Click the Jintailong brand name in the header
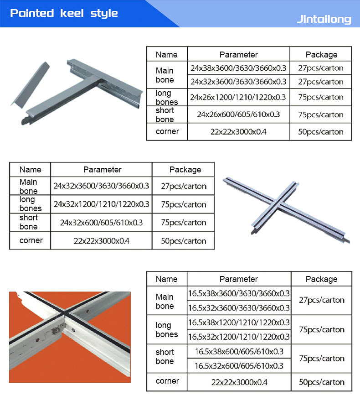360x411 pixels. pyautogui.click(x=324, y=19)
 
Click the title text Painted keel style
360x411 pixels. pyautogui.click(x=64, y=13)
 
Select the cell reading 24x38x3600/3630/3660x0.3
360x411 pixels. pyautogui.click(x=238, y=68)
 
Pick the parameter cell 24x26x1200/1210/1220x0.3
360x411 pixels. pyautogui.click(x=238, y=97)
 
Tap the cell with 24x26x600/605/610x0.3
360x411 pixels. pyautogui.click(x=238, y=114)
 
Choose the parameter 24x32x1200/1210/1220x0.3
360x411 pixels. pyautogui.click(x=101, y=204)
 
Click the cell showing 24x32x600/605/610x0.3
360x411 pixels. pyautogui.click(x=101, y=223)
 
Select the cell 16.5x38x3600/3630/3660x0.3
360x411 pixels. pyautogui.click(x=239, y=293)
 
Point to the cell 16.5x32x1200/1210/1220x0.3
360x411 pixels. pyautogui.click(x=239, y=337)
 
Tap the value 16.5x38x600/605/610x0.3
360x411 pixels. pyautogui.click(x=239, y=351)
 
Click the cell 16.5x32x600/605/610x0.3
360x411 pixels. pyautogui.click(x=239, y=366)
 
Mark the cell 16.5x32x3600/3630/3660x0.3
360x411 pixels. pyautogui.click(x=239, y=308)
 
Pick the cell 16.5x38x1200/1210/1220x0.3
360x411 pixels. pyautogui.click(x=239, y=323)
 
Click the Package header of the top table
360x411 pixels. pyautogui.click(x=321, y=54)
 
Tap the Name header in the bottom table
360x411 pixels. pyautogui.click(x=166, y=279)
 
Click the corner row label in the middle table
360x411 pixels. pyautogui.click(x=31, y=240)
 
